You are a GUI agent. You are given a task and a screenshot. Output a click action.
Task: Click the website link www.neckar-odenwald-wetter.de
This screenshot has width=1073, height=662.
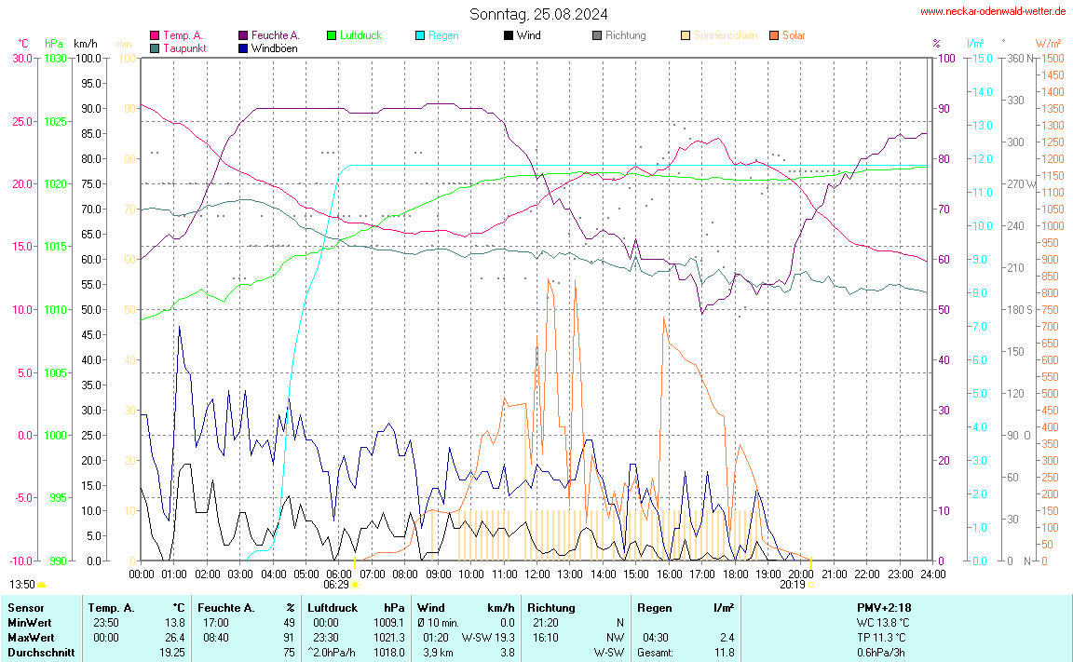(993, 11)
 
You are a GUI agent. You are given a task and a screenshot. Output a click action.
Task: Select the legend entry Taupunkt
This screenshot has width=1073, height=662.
(184, 47)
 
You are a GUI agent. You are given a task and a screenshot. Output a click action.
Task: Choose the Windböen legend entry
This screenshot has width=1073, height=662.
(274, 47)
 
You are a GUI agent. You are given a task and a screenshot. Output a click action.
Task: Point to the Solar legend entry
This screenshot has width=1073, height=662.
(794, 35)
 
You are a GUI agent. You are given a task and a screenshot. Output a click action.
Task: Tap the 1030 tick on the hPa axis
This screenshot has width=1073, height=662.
(56, 59)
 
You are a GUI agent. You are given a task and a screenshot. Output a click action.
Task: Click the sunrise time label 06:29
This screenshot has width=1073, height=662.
(336, 585)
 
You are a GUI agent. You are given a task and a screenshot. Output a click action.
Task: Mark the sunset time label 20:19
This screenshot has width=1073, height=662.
(793, 585)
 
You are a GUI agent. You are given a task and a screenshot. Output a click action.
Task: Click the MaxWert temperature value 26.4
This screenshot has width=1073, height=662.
(176, 637)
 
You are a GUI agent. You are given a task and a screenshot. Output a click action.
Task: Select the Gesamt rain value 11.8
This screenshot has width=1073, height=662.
(724, 652)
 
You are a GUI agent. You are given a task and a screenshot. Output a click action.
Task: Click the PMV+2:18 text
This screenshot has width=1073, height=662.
(883, 607)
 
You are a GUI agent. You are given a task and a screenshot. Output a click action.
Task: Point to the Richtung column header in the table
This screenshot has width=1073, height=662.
(551, 607)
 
